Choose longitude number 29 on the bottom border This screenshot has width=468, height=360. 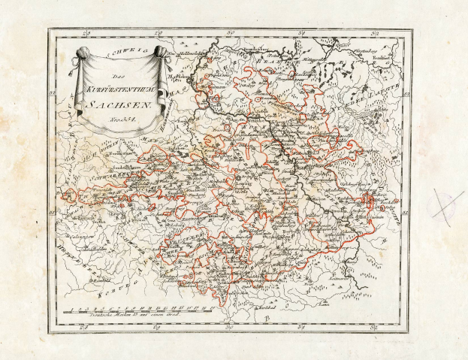point(159,327)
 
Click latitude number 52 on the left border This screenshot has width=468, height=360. point(53,93)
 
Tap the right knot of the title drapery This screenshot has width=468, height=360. point(160,53)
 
